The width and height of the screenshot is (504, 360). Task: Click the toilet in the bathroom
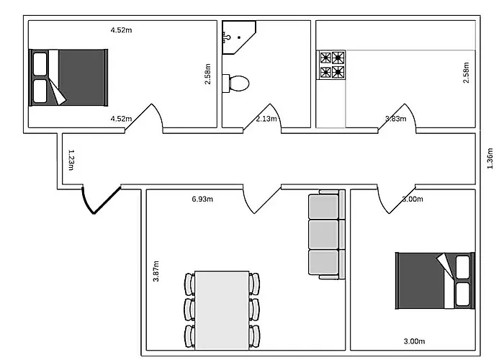(x=236, y=84)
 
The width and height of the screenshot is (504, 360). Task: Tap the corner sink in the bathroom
(x=237, y=36)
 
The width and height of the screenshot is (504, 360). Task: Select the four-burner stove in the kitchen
(x=331, y=65)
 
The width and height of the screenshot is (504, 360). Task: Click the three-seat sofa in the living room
(x=327, y=234)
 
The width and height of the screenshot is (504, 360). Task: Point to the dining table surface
(x=222, y=310)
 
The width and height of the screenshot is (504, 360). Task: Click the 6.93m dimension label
(x=202, y=199)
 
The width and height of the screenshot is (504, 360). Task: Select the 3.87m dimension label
(x=156, y=271)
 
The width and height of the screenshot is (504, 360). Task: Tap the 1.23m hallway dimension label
(x=71, y=160)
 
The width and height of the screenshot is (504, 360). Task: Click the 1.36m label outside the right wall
(x=490, y=158)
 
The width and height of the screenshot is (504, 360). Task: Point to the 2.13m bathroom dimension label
(x=266, y=119)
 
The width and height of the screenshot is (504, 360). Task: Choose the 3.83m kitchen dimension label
(x=396, y=119)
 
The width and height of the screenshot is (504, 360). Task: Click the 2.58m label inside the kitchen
(x=466, y=72)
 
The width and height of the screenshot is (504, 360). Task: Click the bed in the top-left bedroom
(x=68, y=78)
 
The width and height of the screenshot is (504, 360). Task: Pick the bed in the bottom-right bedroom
(x=435, y=281)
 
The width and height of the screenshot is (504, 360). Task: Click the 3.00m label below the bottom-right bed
(x=414, y=341)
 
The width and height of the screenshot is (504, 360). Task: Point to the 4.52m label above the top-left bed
(x=121, y=30)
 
